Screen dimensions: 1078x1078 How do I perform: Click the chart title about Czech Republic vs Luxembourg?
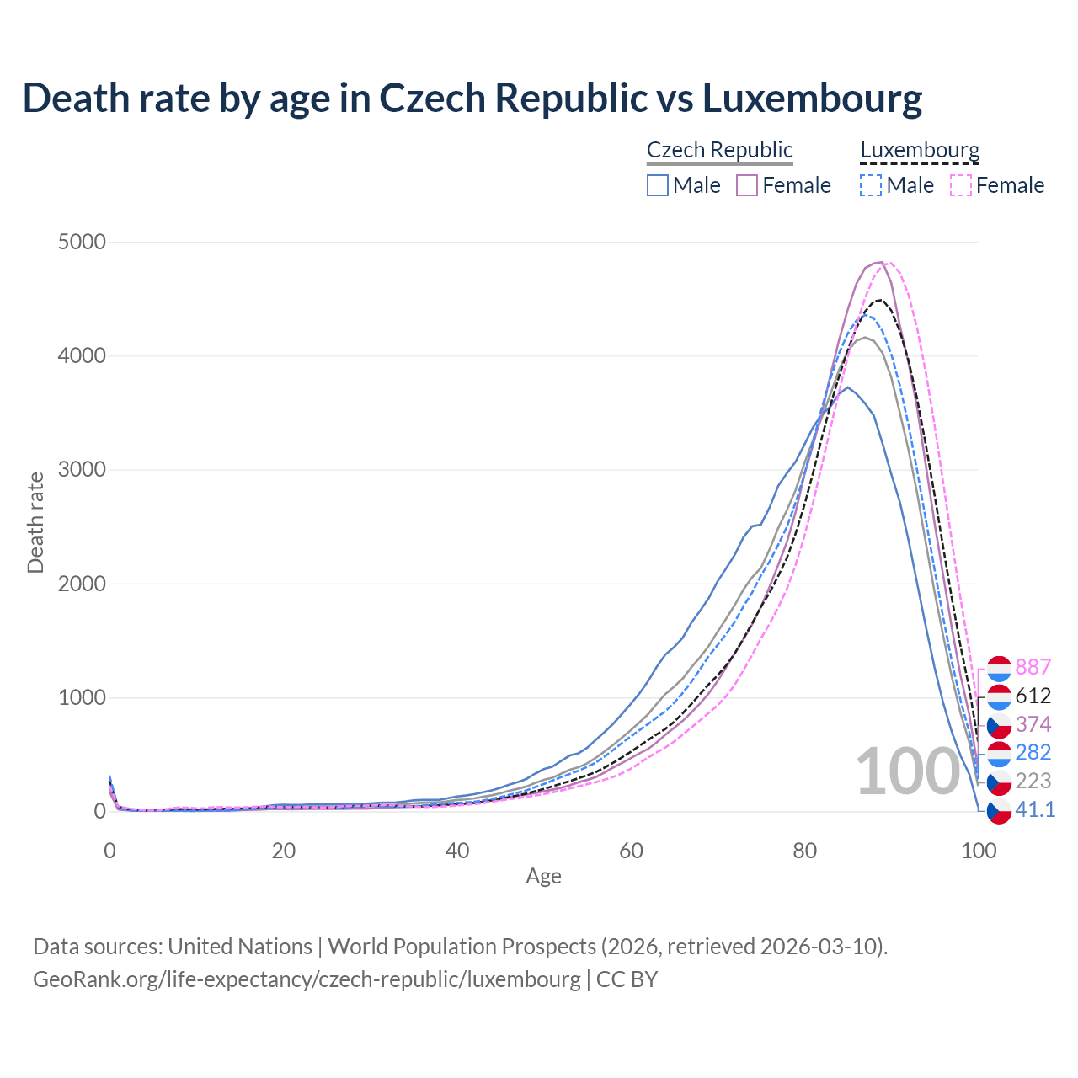coord(472,99)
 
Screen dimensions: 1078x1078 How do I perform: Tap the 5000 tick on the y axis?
coord(82,243)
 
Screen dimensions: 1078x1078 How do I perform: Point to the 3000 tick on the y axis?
coord(82,470)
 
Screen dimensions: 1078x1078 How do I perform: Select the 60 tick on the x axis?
coord(631,851)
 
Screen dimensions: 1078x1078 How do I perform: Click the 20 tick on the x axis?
coord(284,851)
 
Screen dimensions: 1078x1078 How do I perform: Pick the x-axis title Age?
coord(543,877)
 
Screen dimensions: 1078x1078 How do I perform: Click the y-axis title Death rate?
coord(35,522)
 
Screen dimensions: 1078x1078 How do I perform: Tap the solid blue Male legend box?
coord(658,185)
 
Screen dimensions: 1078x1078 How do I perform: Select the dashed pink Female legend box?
coord(961,185)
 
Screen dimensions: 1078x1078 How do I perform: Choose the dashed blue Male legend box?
coord(871,185)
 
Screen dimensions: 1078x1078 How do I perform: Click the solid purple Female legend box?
coord(747,185)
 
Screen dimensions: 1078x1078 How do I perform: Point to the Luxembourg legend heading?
coord(920,151)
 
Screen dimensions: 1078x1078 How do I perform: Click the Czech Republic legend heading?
coord(719,151)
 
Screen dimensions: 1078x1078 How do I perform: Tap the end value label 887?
coord(1033,667)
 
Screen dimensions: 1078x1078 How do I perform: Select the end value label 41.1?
coord(1035,809)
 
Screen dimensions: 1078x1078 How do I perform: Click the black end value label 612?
coord(1033,696)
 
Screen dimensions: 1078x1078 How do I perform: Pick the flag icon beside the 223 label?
coord(999,782)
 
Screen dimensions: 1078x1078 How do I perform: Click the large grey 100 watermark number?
coord(907,772)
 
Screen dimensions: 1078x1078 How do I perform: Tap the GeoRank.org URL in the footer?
coord(307,979)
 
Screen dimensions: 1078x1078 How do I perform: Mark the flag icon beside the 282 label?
coord(999,753)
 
